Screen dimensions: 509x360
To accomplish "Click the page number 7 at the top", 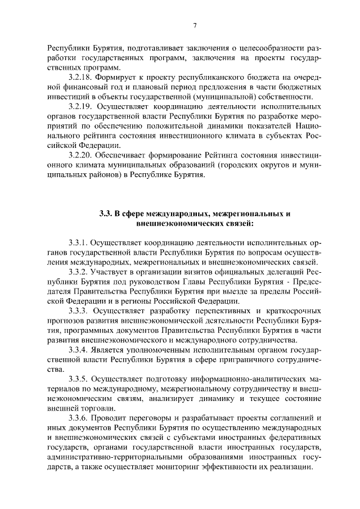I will click(194, 25).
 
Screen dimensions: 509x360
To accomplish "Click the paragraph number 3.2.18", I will click(80, 76).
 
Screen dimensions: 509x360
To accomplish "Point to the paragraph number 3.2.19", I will click(80, 106).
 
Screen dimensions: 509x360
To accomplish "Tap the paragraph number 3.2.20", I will click(80, 155).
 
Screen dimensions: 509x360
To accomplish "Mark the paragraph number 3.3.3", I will click(78, 310).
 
